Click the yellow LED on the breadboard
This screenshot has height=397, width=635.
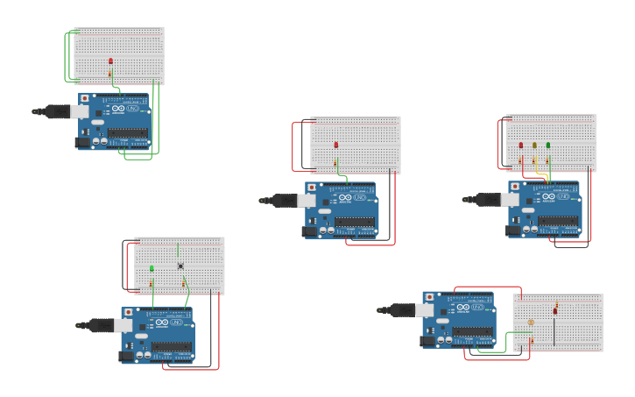(534, 145)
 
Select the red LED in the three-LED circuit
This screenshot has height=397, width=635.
(521, 145)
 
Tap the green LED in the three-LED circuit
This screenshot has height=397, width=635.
(548, 145)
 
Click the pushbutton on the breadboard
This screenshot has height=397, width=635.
(180, 266)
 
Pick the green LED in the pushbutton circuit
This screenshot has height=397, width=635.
(152, 268)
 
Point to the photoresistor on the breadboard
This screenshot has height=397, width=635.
(530, 323)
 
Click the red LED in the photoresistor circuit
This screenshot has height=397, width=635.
(555, 310)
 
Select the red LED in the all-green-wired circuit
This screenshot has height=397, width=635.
(110, 60)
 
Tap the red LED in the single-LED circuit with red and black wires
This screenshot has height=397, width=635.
(335, 145)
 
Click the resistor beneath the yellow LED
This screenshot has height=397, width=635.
(534, 160)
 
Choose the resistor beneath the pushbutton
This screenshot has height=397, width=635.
(183, 283)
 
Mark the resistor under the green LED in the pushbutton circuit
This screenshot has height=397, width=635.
(152, 283)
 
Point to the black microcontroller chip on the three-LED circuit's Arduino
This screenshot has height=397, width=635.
(558, 221)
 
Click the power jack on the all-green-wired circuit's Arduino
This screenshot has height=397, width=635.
(85, 141)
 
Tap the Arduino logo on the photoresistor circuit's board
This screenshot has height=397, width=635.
(462, 307)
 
